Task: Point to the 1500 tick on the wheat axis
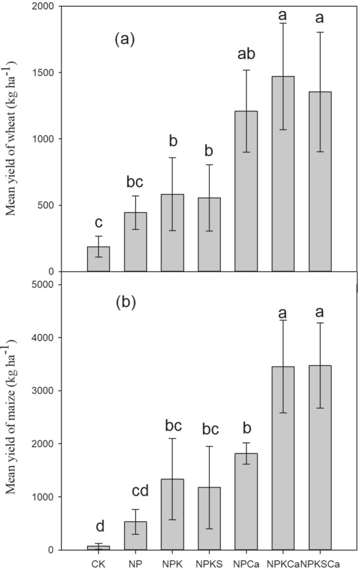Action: [58, 73]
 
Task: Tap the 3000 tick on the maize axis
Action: [58, 391]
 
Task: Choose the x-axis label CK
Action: [99, 559]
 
